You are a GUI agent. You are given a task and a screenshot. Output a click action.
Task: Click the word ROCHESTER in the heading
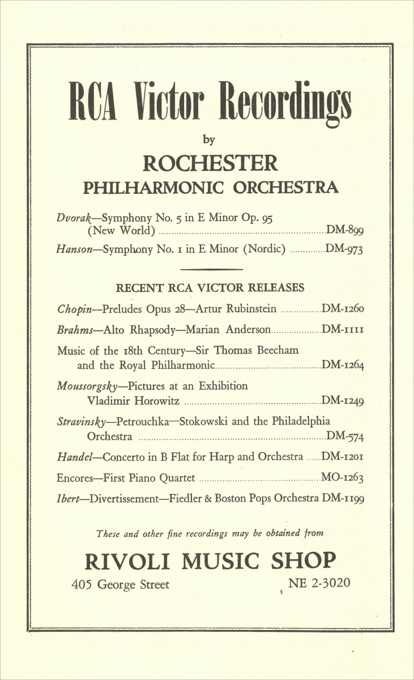tap(211, 164)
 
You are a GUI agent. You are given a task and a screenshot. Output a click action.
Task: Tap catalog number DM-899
tap(345, 230)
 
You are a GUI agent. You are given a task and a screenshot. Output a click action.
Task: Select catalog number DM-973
tap(345, 250)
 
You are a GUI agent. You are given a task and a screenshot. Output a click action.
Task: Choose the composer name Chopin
tap(75, 309)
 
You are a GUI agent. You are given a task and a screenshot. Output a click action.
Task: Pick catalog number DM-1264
tap(343, 365)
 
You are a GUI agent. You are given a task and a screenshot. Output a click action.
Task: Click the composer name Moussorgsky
tap(87, 386)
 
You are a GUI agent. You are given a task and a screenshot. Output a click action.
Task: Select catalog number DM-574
tap(345, 436)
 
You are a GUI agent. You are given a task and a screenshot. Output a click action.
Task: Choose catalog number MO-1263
tap(342, 478)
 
